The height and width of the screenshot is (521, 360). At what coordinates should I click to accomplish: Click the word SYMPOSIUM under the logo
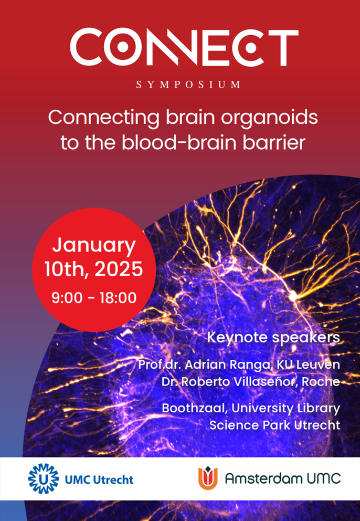(x=188, y=85)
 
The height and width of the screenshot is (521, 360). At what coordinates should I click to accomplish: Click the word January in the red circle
(x=94, y=246)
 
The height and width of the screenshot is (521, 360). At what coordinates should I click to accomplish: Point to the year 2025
(x=119, y=270)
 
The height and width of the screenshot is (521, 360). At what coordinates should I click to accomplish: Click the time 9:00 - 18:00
(x=94, y=297)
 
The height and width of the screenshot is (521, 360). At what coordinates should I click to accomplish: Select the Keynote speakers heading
(x=273, y=338)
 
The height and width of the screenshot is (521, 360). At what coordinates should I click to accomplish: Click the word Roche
(x=322, y=382)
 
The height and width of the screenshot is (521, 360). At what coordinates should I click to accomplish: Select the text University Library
(x=285, y=409)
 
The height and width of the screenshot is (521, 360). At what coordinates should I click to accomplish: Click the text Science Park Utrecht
(x=274, y=425)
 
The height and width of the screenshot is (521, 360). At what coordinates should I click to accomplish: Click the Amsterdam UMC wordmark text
(x=283, y=478)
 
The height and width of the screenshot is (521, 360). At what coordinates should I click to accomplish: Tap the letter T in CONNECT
(x=282, y=47)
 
